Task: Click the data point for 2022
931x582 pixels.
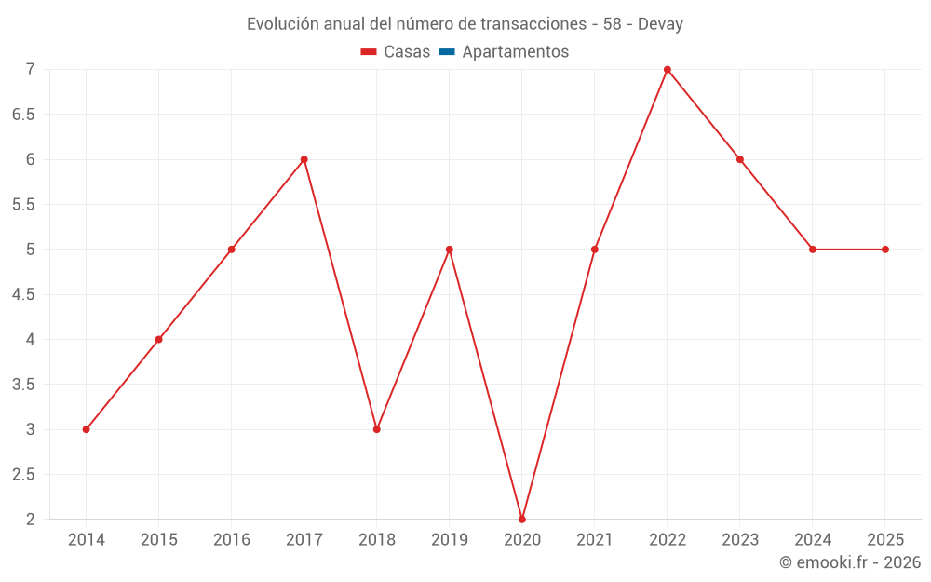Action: click(x=668, y=70)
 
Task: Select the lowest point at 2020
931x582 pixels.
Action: click(x=522, y=519)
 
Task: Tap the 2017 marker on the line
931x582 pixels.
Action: click(x=304, y=159)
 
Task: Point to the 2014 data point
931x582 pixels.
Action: click(x=86, y=429)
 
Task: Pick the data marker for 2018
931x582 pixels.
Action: click(x=377, y=429)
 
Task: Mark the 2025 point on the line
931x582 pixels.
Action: click(x=885, y=250)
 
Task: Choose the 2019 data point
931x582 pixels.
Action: click(x=450, y=250)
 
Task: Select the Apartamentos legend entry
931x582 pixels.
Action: click(x=515, y=52)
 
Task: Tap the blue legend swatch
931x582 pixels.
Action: click(x=447, y=52)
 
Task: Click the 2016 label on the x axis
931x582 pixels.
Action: click(x=232, y=540)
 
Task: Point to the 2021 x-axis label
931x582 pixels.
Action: click(x=595, y=540)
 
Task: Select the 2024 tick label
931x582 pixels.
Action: click(x=813, y=540)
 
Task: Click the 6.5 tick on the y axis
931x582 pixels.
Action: click(x=23, y=115)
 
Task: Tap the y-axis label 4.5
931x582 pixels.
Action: click(x=23, y=294)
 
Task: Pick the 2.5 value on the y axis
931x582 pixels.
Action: click(x=23, y=474)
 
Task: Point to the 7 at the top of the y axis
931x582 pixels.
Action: click(x=30, y=70)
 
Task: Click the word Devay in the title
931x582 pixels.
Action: click(x=660, y=24)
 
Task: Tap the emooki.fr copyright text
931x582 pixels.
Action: click(x=850, y=562)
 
